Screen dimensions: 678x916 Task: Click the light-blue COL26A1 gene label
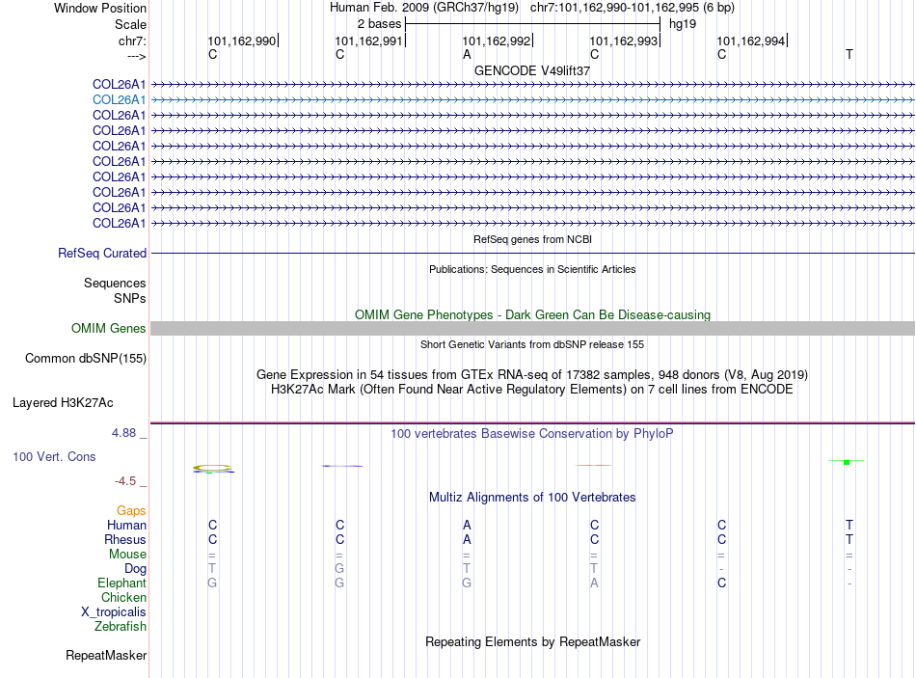[x=119, y=99]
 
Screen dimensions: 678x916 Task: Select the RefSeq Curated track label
[x=102, y=254]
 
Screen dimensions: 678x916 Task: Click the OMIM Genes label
[x=109, y=329]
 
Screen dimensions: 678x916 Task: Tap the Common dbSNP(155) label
[x=85, y=359]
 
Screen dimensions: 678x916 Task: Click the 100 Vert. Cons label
[x=54, y=456]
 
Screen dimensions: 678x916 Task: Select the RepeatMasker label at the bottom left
[x=106, y=656]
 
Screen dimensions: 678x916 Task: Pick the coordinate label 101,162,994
[x=751, y=41]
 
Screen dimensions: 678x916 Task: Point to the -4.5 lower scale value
[x=125, y=480]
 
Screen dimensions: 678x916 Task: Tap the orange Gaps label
[x=131, y=510]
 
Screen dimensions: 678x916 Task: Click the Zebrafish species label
[x=121, y=627]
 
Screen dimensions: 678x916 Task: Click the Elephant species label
[x=121, y=583]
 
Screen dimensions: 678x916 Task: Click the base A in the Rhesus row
[x=467, y=539]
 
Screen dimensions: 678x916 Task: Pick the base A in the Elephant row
[x=594, y=583]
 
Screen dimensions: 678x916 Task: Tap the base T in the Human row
[x=849, y=525]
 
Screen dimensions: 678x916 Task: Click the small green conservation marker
[x=846, y=463]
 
